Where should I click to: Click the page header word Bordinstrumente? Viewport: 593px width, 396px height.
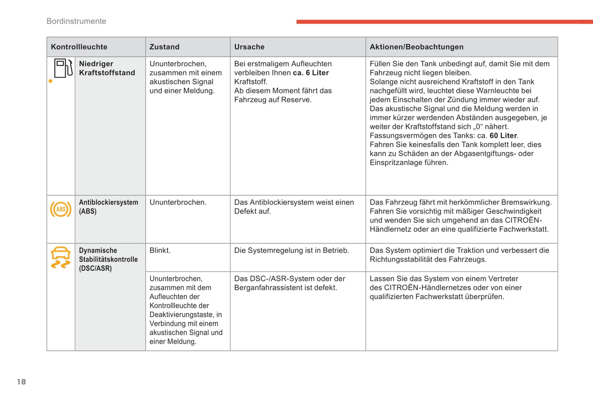click(x=76, y=21)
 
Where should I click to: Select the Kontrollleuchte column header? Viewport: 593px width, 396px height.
click(x=79, y=47)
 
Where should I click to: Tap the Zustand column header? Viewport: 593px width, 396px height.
click(x=164, y=47)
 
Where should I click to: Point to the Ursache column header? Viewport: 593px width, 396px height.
click(x=249, y=47)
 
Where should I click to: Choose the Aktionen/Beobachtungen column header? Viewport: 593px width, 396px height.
click(x=416, y=47)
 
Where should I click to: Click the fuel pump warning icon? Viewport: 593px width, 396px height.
click(x=63, y=68)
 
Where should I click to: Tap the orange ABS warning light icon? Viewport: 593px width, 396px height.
click(x=61, y=210)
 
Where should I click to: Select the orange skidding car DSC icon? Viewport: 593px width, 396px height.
click(x=61, y=258)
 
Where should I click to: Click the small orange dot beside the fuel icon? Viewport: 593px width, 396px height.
click(x=50, y=81)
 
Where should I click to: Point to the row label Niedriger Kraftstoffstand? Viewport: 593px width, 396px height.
click(x=107, y=68)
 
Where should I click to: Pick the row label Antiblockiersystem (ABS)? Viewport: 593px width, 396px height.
click(x=108, y=207)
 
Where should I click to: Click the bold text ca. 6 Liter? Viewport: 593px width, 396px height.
click(x=311, y=73)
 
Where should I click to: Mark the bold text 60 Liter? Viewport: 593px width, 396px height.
click(x=503, y=136)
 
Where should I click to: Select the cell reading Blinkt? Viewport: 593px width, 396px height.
click(x=160, y=251)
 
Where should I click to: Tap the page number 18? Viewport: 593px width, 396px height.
click(x=21, y=382)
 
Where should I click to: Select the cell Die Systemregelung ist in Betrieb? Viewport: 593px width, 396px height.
click(x=291, y=251)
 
